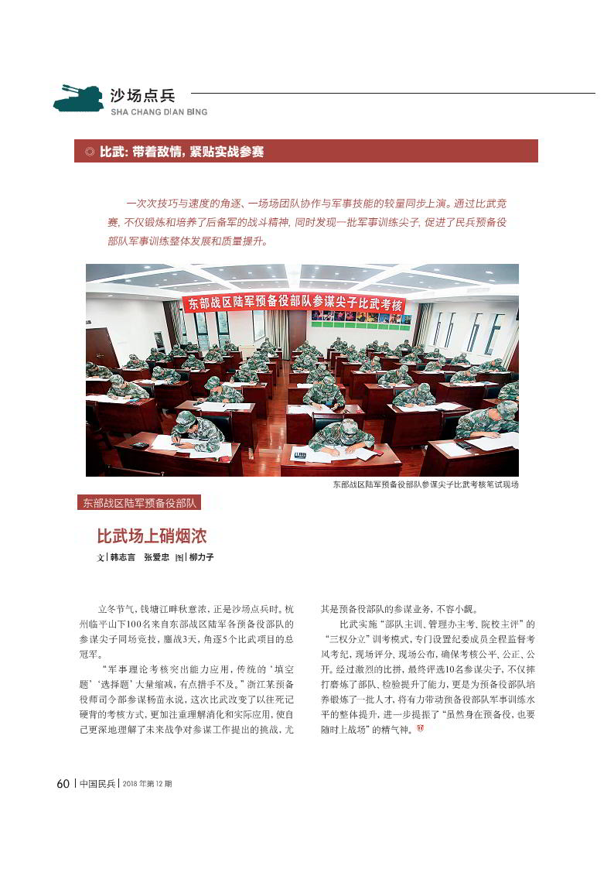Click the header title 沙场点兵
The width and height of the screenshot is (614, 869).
(143, 95)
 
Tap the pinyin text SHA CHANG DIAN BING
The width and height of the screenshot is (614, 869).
(159, 111)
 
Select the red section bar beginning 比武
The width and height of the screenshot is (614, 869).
(306, 152)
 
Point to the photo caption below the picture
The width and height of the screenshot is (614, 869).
(425, 484)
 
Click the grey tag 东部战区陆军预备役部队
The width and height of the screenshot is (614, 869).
(139, 503)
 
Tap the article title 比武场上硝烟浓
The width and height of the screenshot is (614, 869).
(152, 536)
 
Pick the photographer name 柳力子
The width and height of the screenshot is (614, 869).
(201, 557)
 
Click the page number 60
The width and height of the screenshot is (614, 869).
(63, 783)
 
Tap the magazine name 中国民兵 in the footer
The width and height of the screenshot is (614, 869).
(97, 783)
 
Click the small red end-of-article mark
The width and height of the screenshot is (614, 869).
(420, 729)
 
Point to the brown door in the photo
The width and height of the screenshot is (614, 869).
(101, 347)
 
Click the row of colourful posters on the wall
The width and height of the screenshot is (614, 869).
(361, 317)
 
